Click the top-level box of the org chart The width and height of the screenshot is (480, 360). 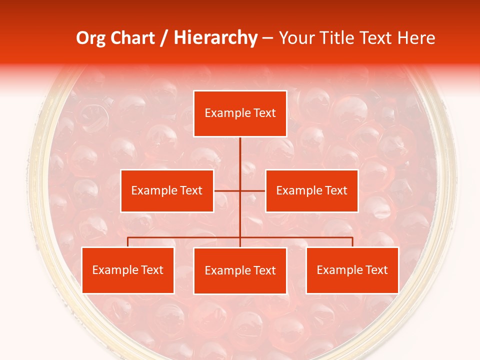pos(240,113)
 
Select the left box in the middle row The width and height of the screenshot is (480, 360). pos(167,191)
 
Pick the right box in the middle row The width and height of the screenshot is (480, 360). pos(311,191)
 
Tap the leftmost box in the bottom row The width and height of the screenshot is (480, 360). pos(128,270)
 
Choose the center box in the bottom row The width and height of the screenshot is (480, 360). pos(240,271)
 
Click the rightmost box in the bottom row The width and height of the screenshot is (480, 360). pos(352,270)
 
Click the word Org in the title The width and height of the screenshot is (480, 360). pos(90,38)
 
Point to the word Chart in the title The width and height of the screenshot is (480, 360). pos(132,38)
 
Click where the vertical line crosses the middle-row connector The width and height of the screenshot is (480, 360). pos(240,190)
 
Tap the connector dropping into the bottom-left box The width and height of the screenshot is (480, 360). pos(128,242)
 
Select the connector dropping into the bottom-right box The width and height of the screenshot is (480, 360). pos(352,242)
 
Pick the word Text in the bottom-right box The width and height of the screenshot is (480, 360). pos(376,270)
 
